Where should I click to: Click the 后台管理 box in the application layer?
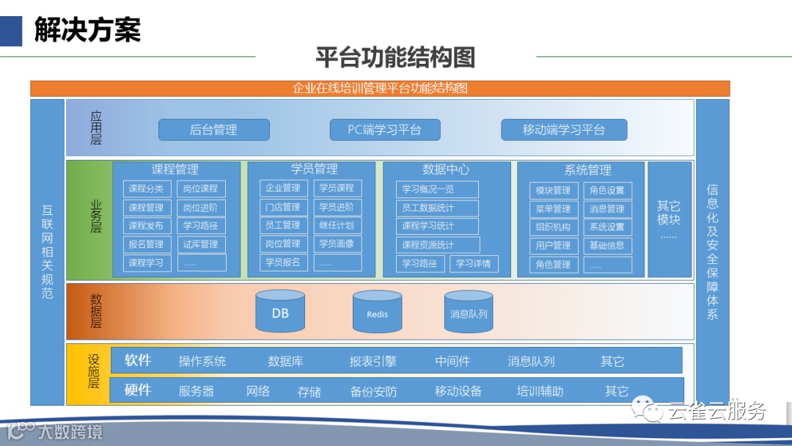(x=213, y=130)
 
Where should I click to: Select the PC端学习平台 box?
(x=385, y=130)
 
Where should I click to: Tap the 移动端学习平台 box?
(x=564, y=130)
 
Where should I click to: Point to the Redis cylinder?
(x=377, y=313)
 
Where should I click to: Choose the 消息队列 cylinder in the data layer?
(x=469, y=313)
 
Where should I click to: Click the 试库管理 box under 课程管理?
(x=201, y=244)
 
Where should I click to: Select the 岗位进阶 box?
(x=201, y=208)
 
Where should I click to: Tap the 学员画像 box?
(x=337, y=244)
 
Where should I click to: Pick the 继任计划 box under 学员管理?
(x=337, y=225)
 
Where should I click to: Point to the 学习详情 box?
(x=473, y=263)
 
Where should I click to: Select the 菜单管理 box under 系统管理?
(x=553, y=209)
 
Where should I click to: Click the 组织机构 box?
(x=553, y=227)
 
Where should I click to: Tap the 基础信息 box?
(x=607, y=246)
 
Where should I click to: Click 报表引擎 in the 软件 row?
(x=373, y=361)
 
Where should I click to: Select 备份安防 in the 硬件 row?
(x=373, y=392)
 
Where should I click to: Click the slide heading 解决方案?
(x=87, y=31)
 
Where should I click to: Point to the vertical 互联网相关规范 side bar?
(x=48, y=252)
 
